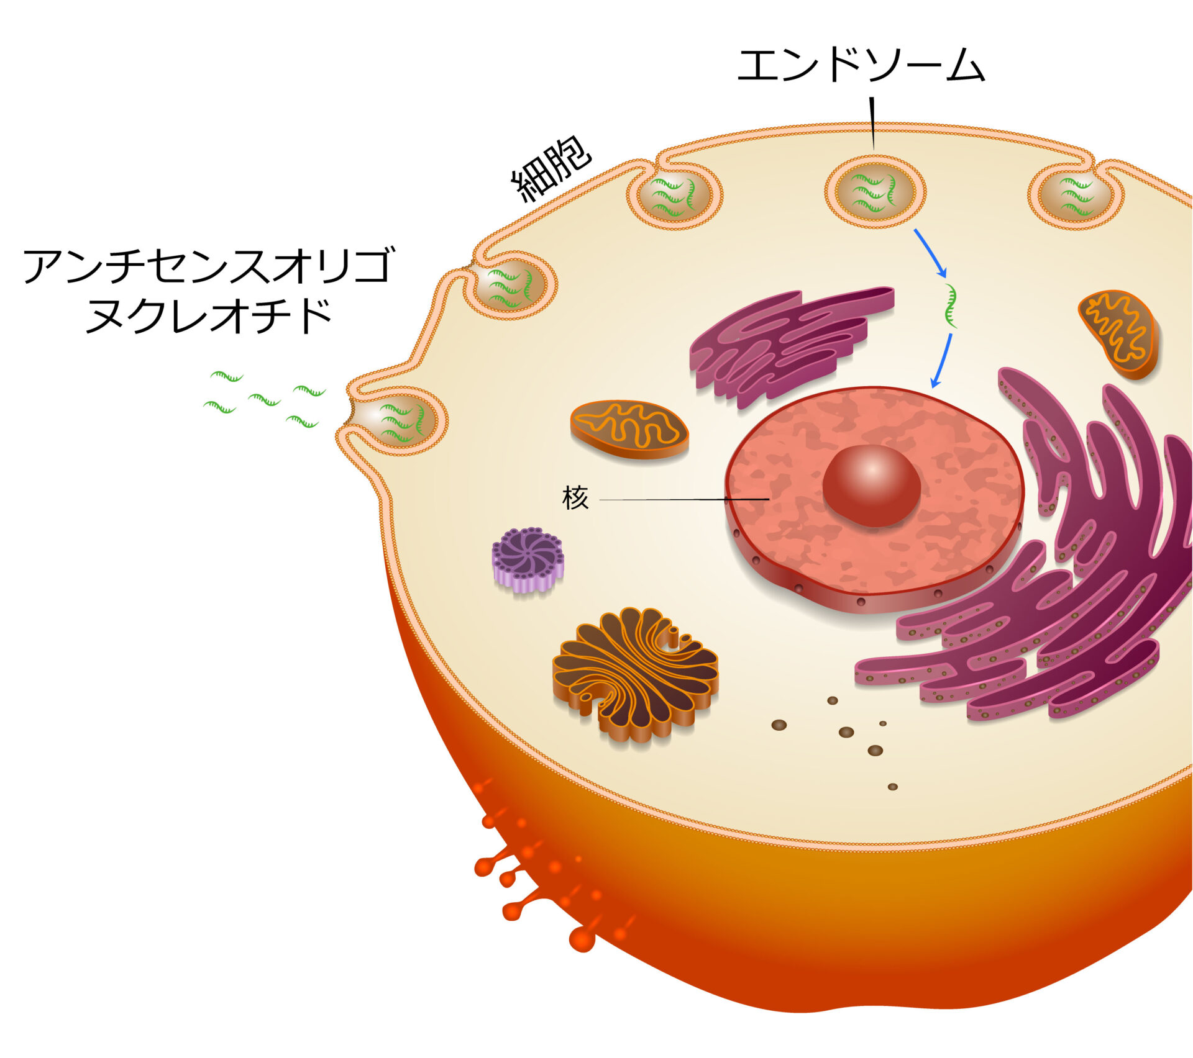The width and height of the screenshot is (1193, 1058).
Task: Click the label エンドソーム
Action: click(x=861, y=66)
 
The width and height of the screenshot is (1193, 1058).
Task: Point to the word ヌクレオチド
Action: click(x=208, y=316)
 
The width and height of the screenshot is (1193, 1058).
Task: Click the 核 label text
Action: click(x=575, y=498)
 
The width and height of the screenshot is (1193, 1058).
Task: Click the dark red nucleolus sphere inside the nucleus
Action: click(x=871, y=485)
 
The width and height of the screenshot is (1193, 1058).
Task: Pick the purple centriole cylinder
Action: click(x=528, y=558)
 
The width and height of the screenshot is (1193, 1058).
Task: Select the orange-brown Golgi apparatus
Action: click(x=635, y=673)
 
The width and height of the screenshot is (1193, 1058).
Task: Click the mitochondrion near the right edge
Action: click(x=1118, y=333)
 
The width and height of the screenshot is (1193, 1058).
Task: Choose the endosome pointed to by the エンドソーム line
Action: click(x=875, y=192)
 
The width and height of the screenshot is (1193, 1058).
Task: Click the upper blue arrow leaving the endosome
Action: click(x=930, y=253)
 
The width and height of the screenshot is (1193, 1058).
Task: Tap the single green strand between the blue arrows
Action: click(x=950, y=305)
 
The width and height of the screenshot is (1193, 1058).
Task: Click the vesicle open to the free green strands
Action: click(x=398, y=420)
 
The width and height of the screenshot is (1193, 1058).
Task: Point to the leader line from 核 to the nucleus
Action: click(x=683, y=499)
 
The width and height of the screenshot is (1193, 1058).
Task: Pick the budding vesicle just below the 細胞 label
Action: click(x=674, y=196)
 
